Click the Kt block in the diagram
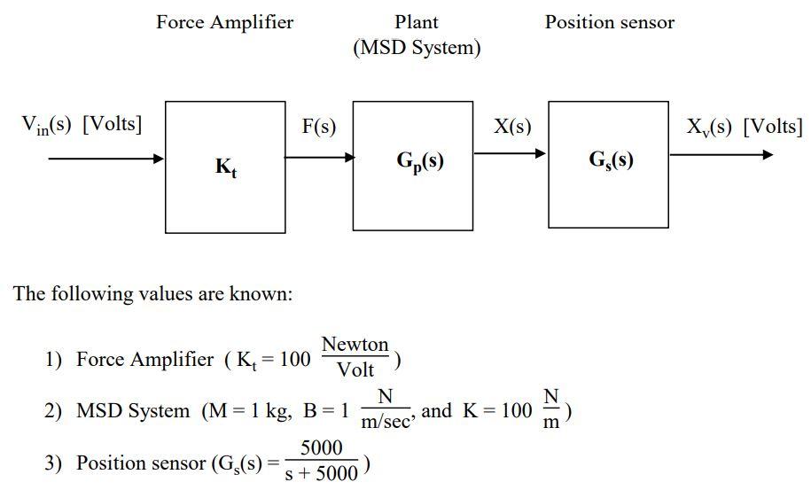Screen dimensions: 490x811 click(x=225, y=167)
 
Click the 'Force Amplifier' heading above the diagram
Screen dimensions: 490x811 click(x=224, y=22)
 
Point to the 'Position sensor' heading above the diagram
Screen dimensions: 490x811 click(x=609, y=22)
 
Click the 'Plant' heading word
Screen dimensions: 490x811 click(x=416, y=22)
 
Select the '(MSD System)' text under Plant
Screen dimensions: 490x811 click(x=417, y=48)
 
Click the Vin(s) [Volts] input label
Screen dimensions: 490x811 click(x=82, y=124)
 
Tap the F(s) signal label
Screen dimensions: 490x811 click(x=319, y=127)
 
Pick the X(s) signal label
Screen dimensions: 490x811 click(x=512, y=127)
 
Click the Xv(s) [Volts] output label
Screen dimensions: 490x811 click(x=745, y=126)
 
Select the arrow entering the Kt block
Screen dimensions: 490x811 click(x=106, y=159)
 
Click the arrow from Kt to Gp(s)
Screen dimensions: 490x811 click(x=319, y=159)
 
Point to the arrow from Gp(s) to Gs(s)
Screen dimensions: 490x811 click(x=511, y=154)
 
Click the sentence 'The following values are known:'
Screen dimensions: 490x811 click(x=152, y=293)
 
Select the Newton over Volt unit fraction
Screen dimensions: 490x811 click(x=355, y=356)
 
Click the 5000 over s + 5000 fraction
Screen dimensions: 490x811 click(x=321, y=462)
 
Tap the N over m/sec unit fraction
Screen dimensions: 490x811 click(x=385, y=409)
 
